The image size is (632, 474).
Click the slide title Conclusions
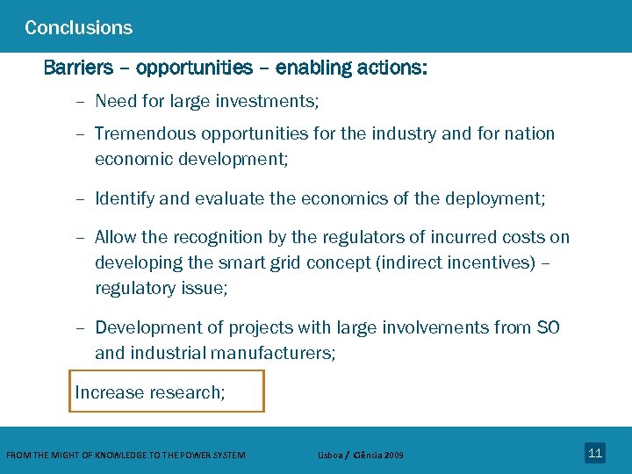[x=79, y=28]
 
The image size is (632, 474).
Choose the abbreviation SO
[x=548, y=327]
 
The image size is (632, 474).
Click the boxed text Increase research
[x=149, y=392]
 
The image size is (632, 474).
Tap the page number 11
[x=595, y=453]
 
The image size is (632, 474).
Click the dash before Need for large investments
[x=80, y=102]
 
